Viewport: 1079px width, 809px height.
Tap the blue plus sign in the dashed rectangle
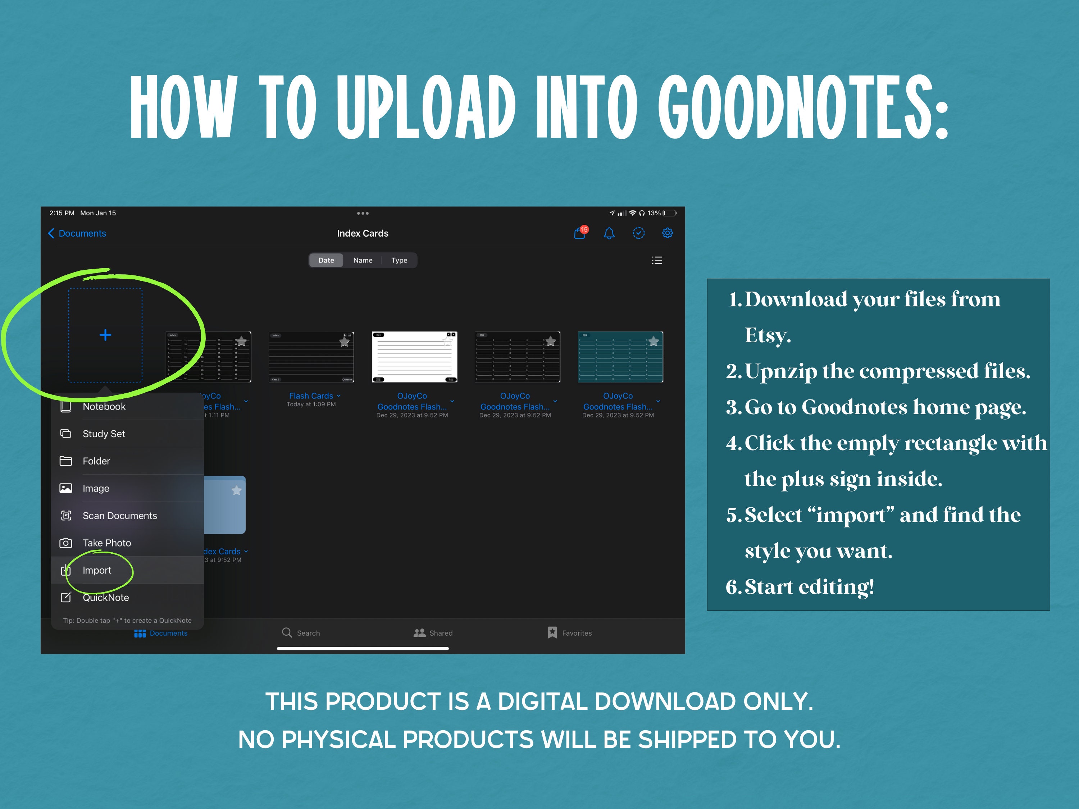pyautogui.click(x=105, y=335)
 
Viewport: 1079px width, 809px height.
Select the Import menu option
pyautogui.click(x=97, y=570)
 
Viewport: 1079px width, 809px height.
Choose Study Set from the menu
pyautogui.click(x=104, y=434)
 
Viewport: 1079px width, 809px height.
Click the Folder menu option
pyautogui.click(x=96, y=461)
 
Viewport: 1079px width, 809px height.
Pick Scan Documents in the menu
pyautogui.click(x=119, y=516)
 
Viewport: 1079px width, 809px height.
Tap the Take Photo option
pyautogui.click(x=107, y=543)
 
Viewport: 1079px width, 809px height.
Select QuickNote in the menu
pyautogui.click(x=105, y=597)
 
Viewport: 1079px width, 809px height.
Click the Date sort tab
pyautogui.click(x=326, y=260)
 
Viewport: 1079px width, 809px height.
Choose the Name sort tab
pyautogui.click(x=363, y=260)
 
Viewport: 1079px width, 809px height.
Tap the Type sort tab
pyautogui.click(x=399, y=260)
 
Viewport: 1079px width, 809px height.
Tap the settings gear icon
pyautogui.click(x=667, y=233)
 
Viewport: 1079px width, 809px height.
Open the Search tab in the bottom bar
pyautogui.click(x=301, y=632)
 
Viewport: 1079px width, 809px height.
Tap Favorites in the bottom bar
pyautogui.click(x=570, y=632)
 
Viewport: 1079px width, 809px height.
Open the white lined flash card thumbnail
pyautogui.click(x=414, y=357)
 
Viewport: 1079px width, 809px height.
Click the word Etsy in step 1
pyautogui.click(x=767, y=335)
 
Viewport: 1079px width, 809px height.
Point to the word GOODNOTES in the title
pyautogui.click(x=803, y=108)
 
